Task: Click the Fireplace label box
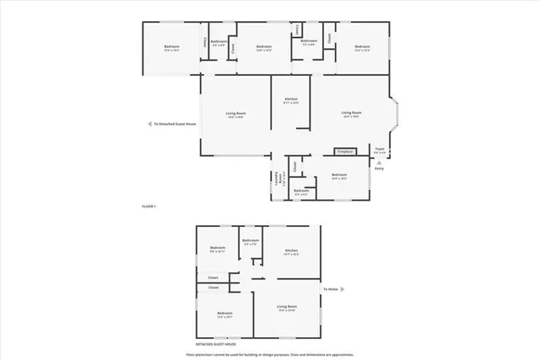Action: point(344,152)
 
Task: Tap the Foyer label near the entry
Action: point(380,151)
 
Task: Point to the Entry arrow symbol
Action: point(379,163)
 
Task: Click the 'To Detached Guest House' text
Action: point(172,124)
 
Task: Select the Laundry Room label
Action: point(277,179)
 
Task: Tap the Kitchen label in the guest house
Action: point(291,252)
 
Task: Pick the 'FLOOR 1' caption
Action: point(149,207)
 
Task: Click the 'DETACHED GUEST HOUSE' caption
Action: point(216,345)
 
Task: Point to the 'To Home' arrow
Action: point(330,288)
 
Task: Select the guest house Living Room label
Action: point(287,308)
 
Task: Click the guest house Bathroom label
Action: point(250,242)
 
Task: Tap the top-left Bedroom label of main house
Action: point(172,48)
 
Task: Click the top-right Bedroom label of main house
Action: point(363,48)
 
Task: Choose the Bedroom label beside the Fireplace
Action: point(339,176)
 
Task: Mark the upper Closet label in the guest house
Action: point(213,277)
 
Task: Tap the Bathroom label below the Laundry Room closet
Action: point(301,192)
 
